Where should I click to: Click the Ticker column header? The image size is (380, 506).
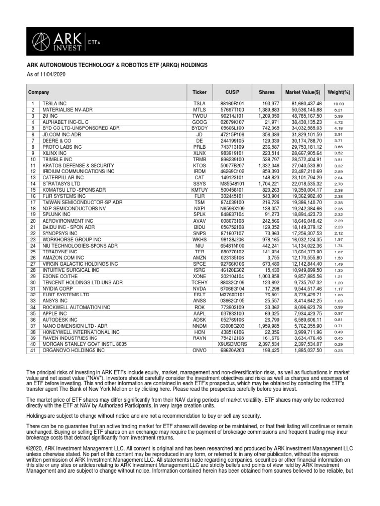tap(199, 92)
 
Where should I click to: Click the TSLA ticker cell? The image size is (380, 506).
tap(199, 103)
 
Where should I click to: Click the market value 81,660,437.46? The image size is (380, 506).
tap(307, 103)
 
